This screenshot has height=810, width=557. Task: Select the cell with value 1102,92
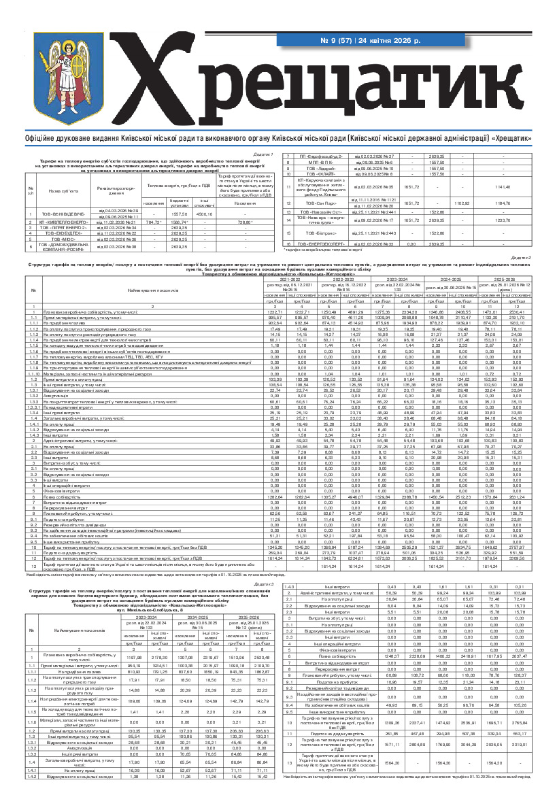(x=462, y=203)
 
